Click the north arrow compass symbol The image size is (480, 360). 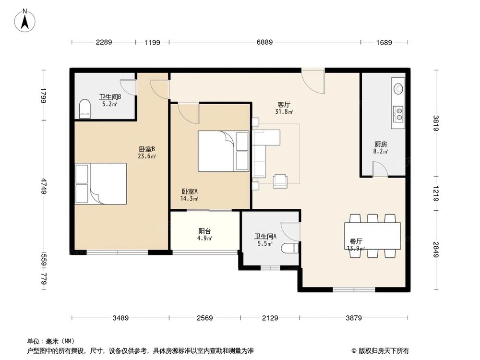[x=25, y=21]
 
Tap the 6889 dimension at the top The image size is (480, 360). [x=264, y=42]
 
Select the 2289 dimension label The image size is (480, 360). [x=104, y=42]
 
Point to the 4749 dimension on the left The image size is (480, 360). [x=44, y=186]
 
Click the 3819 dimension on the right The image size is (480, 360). [x=436, y=123]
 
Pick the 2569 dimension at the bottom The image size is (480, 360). [x=204, y=318]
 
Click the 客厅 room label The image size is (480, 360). [x=284, y=104]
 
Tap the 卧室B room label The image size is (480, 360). [x=147, y=149]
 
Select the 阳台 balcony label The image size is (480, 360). [x=204, y=231]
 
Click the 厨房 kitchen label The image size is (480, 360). [x=381, y=144]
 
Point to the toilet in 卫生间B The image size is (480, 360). [x=85, y=108]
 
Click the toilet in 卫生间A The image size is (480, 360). [x=289, y=248]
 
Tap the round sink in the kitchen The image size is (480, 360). [x=398, y=89]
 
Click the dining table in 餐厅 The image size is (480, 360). [x=372, y=236]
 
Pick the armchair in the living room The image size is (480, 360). [x=280, y=180]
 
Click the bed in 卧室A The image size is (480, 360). [x=223, y=151]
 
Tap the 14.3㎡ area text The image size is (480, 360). [x=189, y=198]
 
